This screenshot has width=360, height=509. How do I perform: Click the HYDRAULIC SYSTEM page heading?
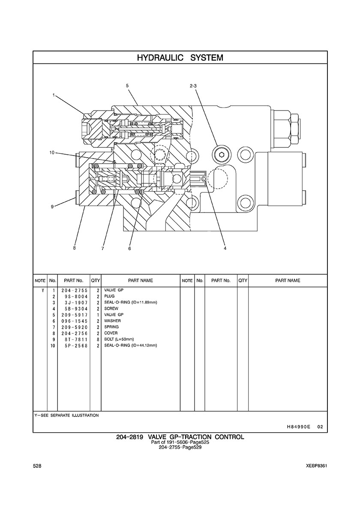(180, 58)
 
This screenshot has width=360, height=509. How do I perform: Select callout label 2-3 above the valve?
(193, 86)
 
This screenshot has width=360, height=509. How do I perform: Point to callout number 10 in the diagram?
(51, 152)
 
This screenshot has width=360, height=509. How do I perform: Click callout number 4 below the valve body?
(225, 249)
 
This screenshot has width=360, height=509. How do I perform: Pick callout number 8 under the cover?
(74, 248)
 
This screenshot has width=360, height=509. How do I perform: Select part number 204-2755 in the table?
(74, 290)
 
